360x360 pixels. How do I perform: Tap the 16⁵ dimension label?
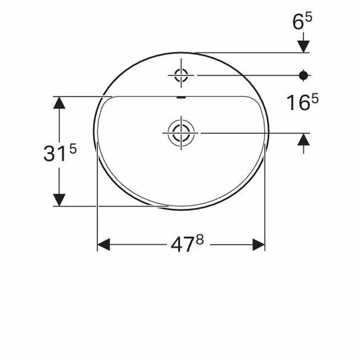tap(302, 103)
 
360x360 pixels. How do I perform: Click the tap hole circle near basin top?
tap(181, 75)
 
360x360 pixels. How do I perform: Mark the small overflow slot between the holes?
tap(181, 97)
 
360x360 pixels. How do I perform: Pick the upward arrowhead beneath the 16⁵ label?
tap(303, 140)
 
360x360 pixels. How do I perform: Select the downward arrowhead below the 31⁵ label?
tap(59, 198)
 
